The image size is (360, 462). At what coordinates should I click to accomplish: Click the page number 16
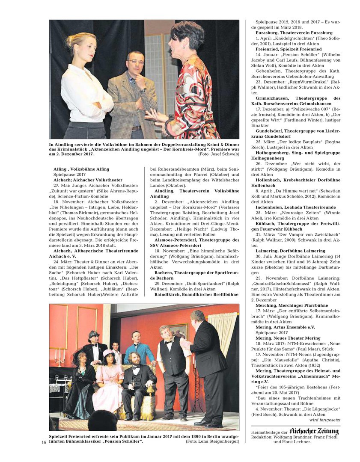pos(44,442)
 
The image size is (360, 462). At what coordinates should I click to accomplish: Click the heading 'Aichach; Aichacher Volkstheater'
pos(88,180)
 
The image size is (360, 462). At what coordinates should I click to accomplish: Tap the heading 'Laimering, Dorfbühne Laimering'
pos(290,251)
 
